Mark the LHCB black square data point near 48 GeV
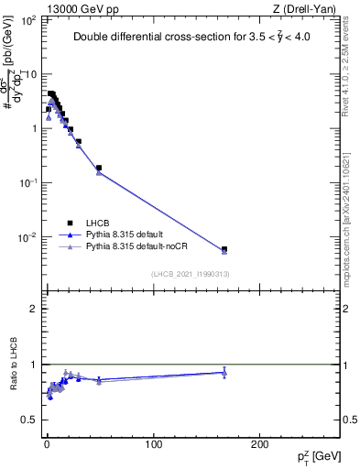point(99,168)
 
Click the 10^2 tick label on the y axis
point(27,19)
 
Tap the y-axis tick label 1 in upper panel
point(32,128)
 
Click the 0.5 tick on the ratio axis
point(29,420)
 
